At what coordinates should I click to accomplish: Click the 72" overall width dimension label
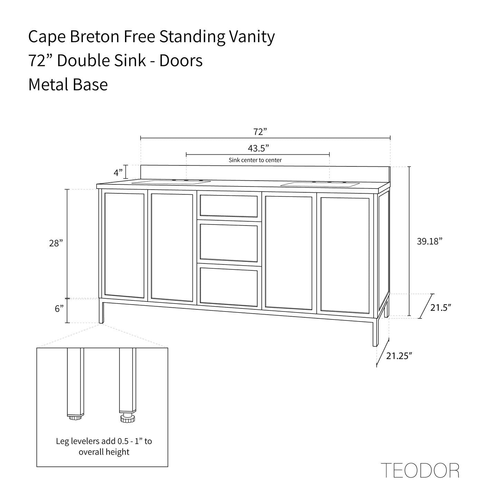click(260, 132)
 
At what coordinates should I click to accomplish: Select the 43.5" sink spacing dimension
click(258, 148)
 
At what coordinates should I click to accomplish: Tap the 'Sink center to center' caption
click(255, 160)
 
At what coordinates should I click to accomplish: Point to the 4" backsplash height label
click(118, 172)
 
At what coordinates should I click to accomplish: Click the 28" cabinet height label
click(56, 243)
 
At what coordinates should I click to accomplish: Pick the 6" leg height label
click(59, 309)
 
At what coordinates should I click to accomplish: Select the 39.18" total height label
click(430, 241)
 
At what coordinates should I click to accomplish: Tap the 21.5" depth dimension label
click(441, 307)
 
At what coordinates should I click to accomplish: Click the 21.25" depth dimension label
click(399, 356)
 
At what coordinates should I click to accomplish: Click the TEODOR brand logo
click(420, 470)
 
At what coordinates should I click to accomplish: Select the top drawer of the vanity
click(229, 206)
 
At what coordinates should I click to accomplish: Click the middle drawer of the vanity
click(229, 242)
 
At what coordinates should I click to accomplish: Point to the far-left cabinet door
click(124, 245)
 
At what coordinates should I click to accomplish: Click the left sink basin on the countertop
click(172, 182)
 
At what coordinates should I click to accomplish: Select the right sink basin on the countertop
click(320, 185)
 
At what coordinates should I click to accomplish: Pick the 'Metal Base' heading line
click(68, 85)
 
